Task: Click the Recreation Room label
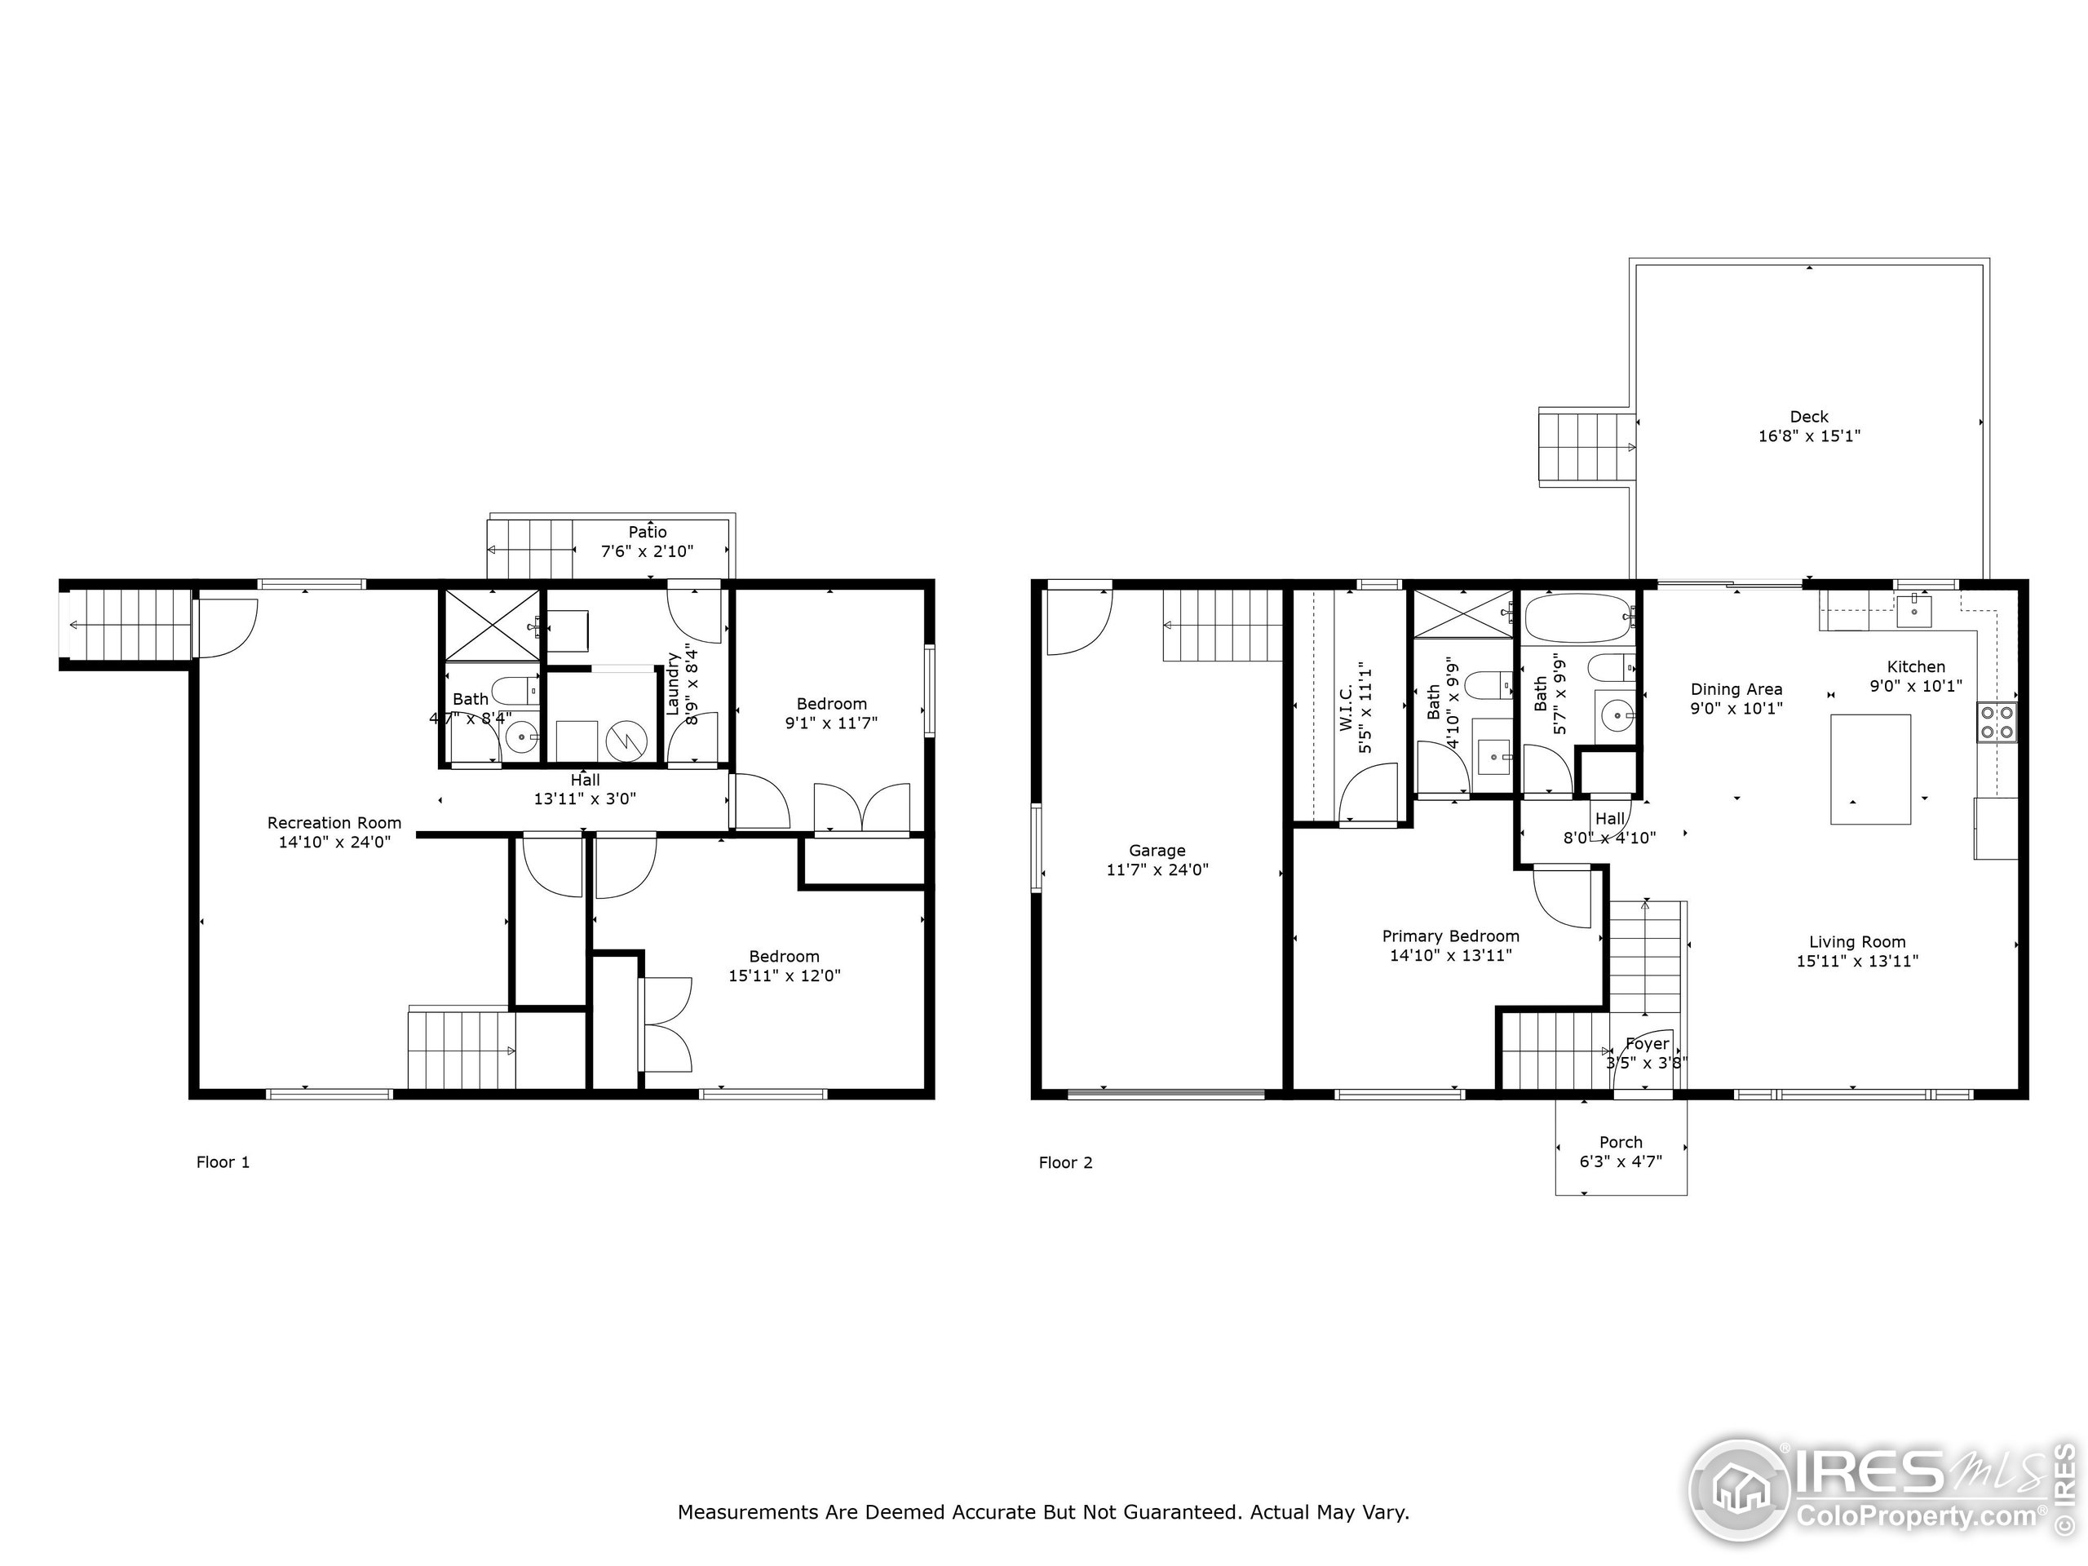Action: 334,823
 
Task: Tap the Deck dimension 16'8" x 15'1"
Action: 1808,436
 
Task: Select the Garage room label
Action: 1157,851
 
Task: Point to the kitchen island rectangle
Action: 1870,768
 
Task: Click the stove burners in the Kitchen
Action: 1997,722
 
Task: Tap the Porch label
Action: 1620,1142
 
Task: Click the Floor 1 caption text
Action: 223,1162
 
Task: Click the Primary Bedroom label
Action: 1450,936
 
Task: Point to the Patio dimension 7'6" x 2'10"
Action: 647,551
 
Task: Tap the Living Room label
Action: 1856,942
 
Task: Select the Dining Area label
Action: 1736,689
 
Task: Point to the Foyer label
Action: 1648,1044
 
